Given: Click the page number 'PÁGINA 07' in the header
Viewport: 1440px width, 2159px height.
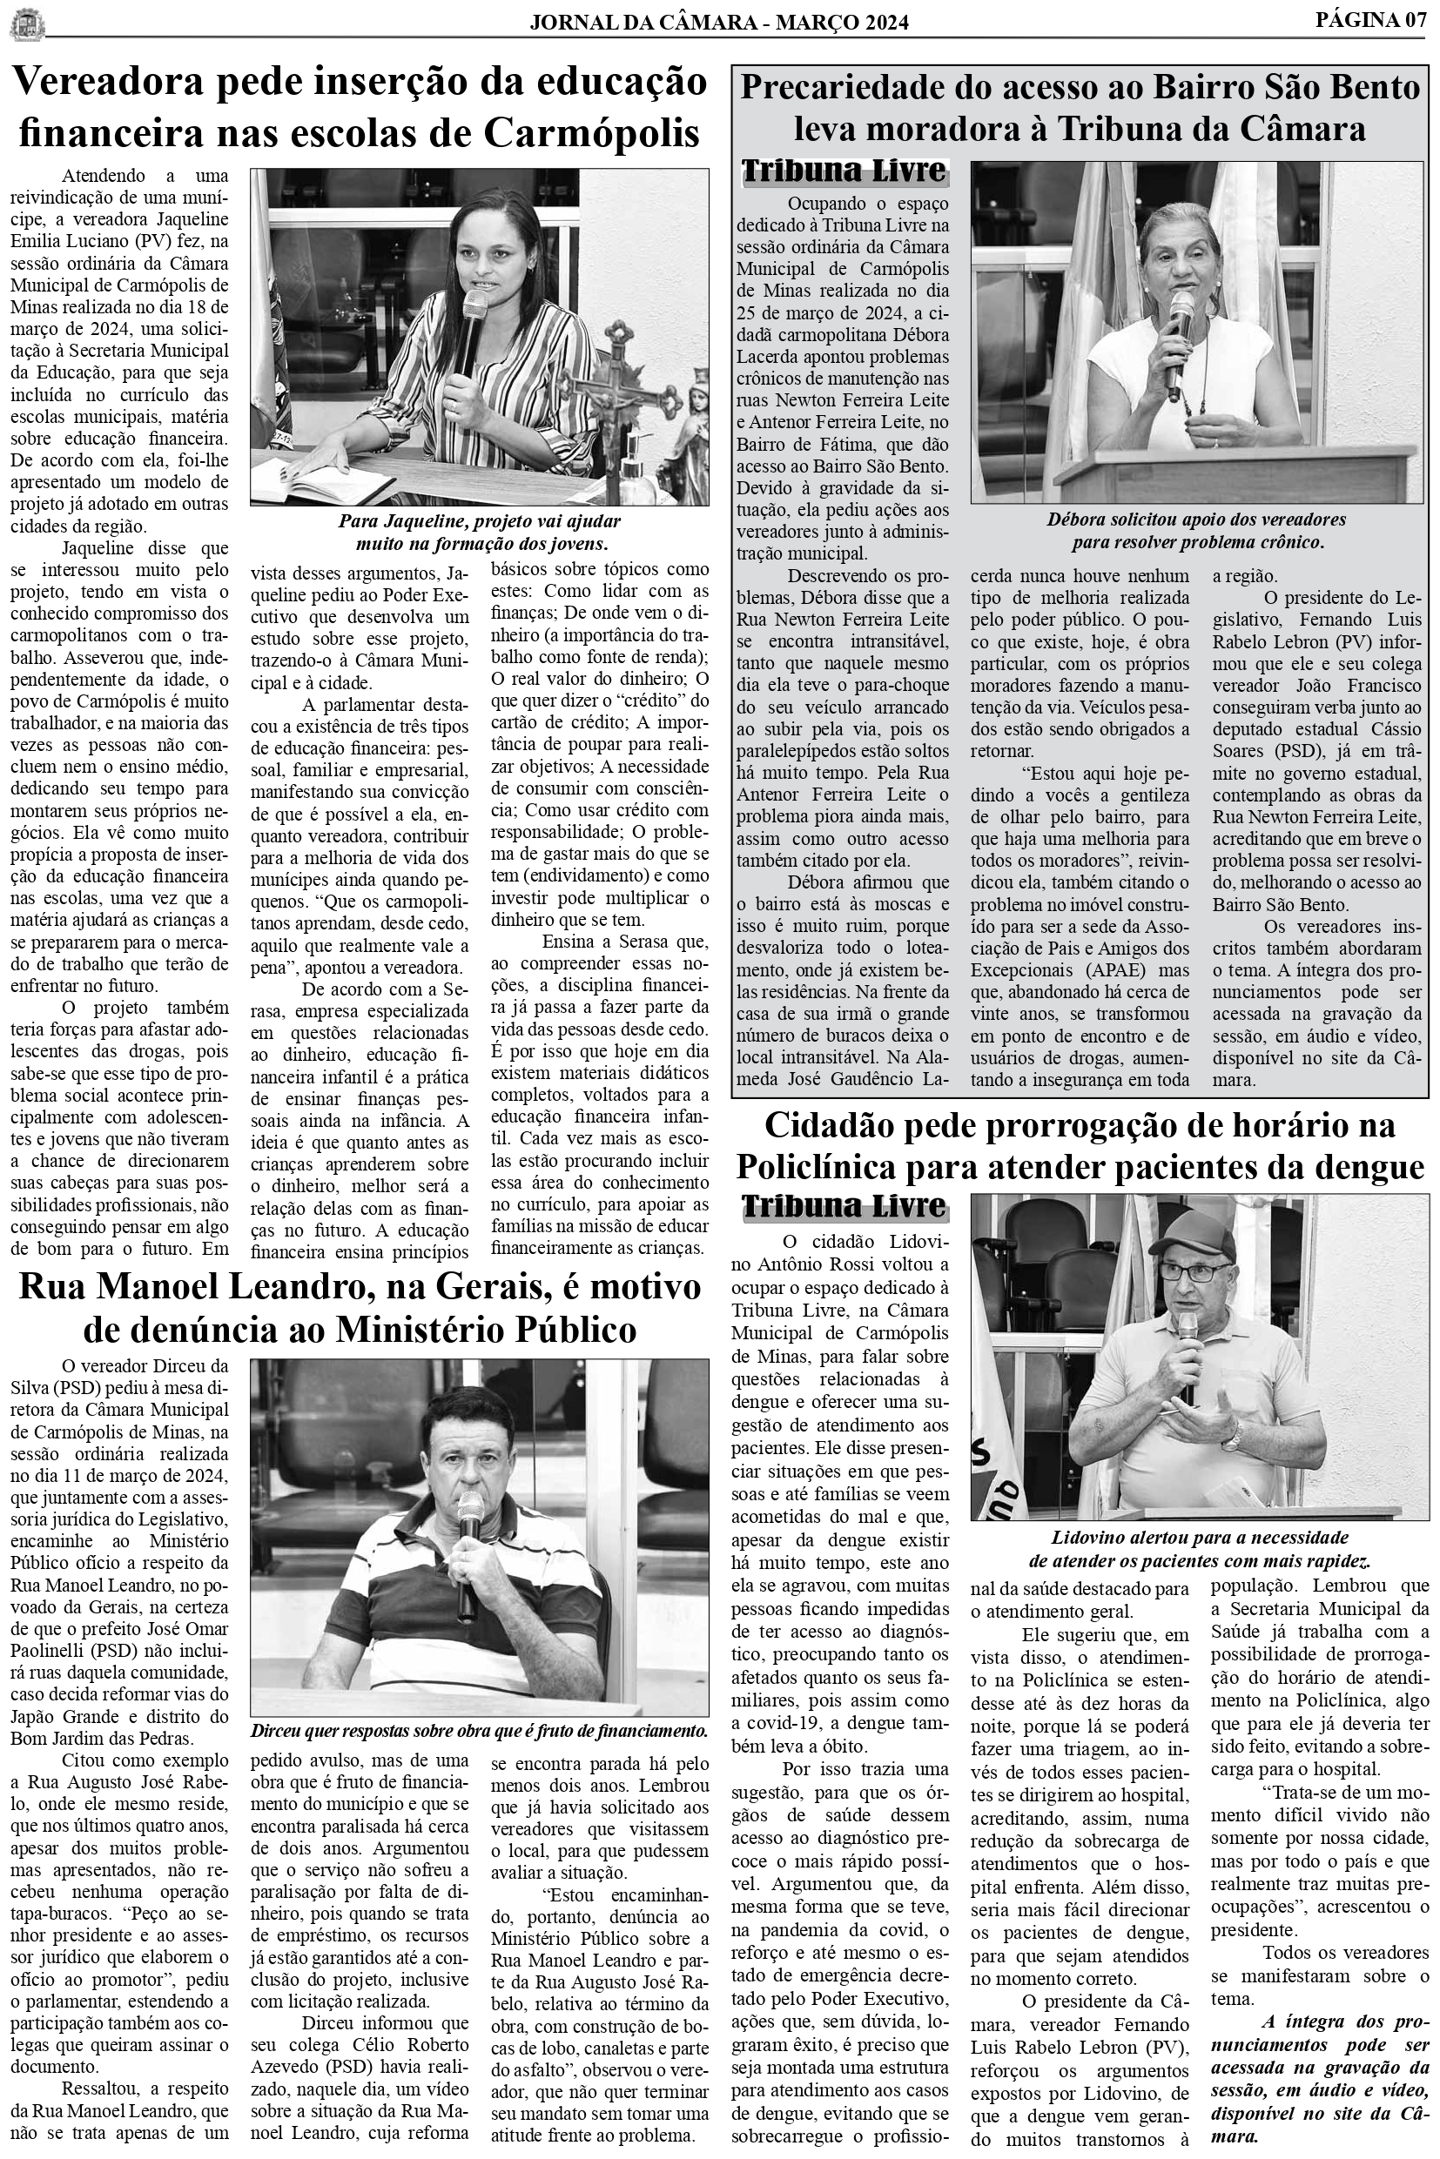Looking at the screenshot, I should (x=1371, y=20).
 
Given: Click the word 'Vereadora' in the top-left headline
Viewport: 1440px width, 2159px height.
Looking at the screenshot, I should (x=116, y=84).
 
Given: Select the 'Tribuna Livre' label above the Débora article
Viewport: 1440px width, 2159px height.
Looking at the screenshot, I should (x=843, y=171).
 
